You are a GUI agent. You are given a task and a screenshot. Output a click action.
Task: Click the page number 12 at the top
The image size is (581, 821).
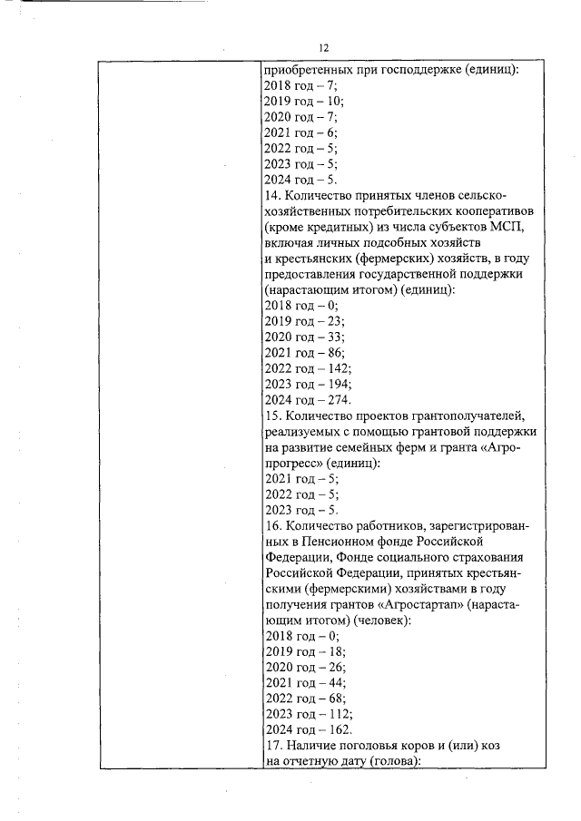coord(322,48)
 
